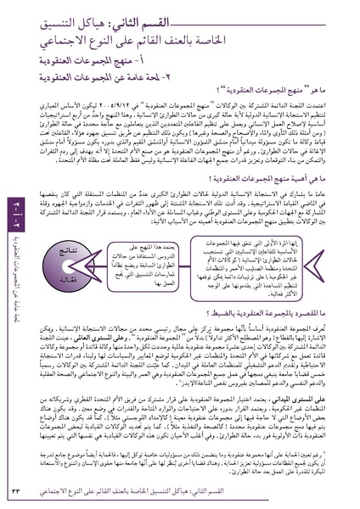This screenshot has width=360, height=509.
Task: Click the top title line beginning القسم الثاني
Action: (x=255, y=19)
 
